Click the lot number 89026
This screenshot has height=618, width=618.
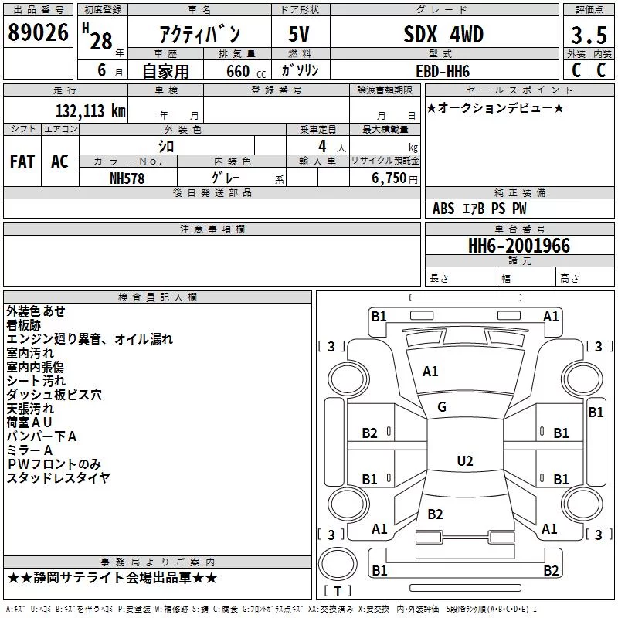tap(38, 32)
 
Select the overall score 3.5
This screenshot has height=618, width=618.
tap(589, 35)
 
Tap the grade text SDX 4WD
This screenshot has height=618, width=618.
tap(443, 34)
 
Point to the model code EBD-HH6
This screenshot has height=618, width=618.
tap(443, 71)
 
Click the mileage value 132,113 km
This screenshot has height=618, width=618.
tap(90, 110)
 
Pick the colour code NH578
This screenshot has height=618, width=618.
tap(127, 178)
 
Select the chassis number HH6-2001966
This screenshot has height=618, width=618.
tap(518, 246)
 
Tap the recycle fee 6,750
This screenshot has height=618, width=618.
tap(389, 178)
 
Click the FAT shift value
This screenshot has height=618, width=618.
tap(22, 161)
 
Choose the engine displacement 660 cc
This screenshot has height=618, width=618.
tap(246, 71)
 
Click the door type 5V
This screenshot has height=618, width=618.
tap(299, 34)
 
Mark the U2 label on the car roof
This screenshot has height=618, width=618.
tap(465, 460)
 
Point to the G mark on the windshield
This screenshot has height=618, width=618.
tap(442, 407)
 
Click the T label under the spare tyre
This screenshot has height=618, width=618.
tap(338, 591)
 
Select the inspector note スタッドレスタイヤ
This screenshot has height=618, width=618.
tap(58, 477)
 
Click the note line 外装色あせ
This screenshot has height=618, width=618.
tap(36, 311)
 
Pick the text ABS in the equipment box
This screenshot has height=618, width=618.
tap(443, 209)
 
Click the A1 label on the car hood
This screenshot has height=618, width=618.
tap(430, 372)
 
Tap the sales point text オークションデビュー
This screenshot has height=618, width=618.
tap(495, 107)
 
